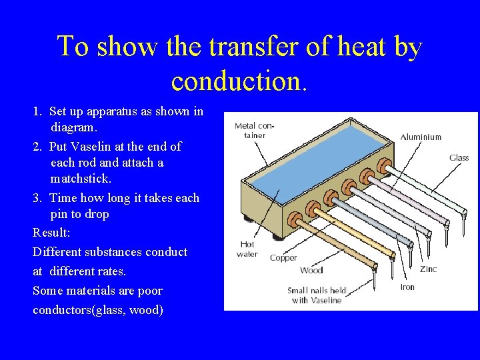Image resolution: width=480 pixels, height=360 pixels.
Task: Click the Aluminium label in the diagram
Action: click(x=421, y=137)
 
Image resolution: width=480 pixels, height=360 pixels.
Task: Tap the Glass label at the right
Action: click(x=459, y=158)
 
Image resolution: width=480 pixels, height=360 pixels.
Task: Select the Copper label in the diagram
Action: click(x=283, y=257)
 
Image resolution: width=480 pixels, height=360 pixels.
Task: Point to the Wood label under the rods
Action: click(x=311, y=270)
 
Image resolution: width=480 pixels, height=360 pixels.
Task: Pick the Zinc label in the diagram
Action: click(x=428, y=269)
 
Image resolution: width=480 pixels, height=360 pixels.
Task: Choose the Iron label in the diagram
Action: click(x=407, y=287)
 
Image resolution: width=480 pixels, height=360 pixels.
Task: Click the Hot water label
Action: click(x=247, y=249)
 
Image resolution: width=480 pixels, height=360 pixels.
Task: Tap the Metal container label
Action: click(x=254, y=130)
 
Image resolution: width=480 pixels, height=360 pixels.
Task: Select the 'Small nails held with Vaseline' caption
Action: click(x=317, y=295)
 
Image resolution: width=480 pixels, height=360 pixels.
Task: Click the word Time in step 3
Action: click(x=63, y=198)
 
